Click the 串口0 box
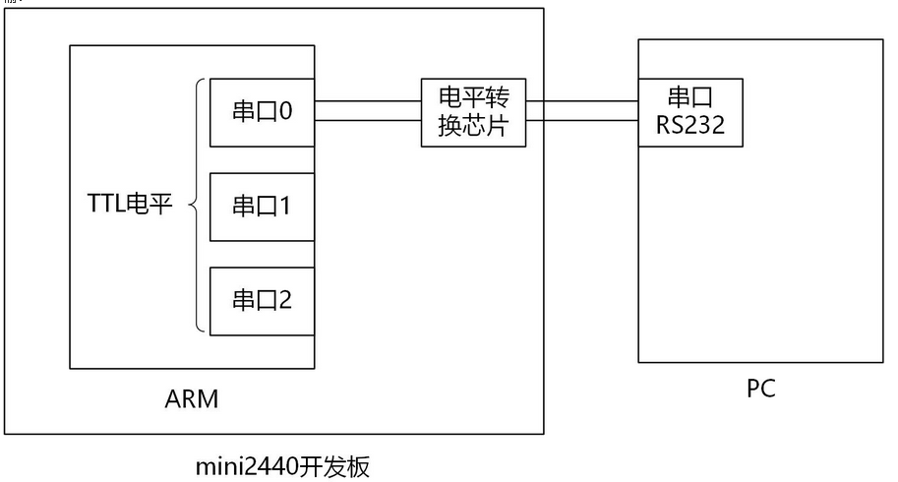click(263, 112)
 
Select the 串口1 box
click(263, 206)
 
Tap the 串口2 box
click(263, 299)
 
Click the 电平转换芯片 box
click(474, 112)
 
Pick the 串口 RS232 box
click(690, 112)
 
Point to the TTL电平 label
click(129, 206)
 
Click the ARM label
click(192, 399)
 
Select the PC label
click(760, 389)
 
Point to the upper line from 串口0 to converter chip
click(368, 100)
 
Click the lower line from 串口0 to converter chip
click(368, 121)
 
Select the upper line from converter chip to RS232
click(582, 100)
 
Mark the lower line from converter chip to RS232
click(582, 121)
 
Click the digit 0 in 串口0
click(285, 112)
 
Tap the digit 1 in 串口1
click(285, 206)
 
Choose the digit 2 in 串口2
click(285, 299)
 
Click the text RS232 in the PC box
click(690, 125)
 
